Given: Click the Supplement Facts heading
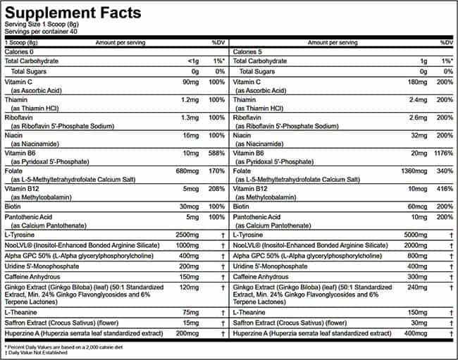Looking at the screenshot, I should tap(73, 12).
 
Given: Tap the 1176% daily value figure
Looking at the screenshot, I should tap(442, 152).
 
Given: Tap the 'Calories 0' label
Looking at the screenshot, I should tap(20, 51).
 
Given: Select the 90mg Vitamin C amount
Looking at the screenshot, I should tap(190, 83).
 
